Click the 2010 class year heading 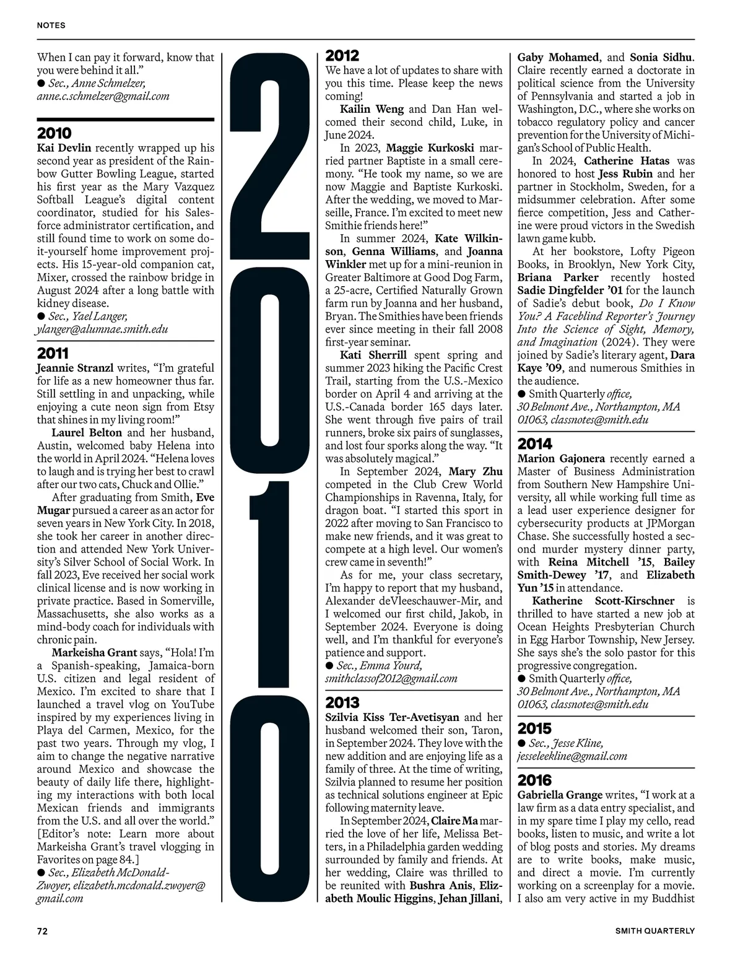54,133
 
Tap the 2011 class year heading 53,354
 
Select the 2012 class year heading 342,56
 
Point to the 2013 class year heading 342,702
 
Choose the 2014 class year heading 535,443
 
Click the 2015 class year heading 534,728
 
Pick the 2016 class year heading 535,780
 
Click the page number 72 42,931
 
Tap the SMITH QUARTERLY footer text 655,931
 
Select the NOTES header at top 51,25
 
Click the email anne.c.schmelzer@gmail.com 103,96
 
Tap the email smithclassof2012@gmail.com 391,678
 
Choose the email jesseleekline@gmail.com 572,756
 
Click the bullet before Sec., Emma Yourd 330,666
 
